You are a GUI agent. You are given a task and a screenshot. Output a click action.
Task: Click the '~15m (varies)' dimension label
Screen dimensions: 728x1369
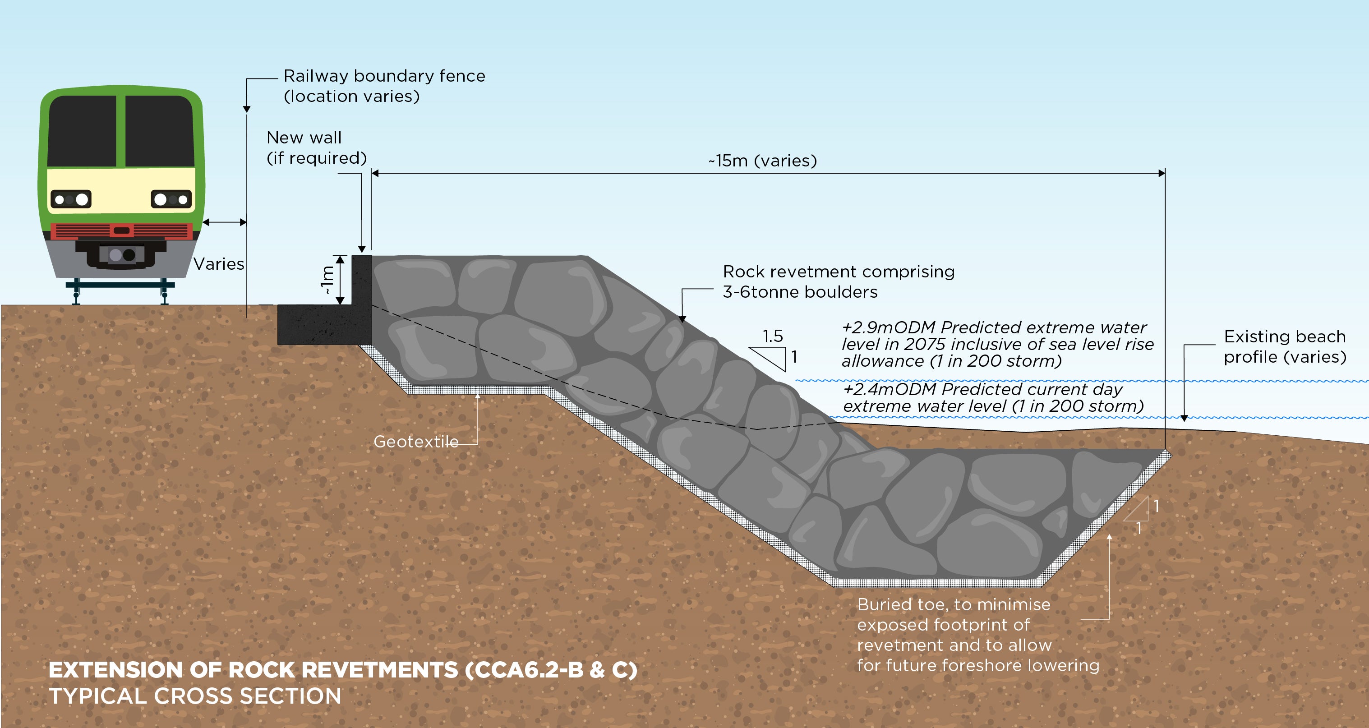pyautogui.click(x=763, y=161)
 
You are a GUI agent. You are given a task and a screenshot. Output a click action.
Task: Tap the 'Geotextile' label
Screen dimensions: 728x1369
pyautogui.click(x=415, y=442)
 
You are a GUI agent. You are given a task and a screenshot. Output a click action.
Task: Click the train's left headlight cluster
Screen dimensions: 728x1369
pyautogui.click(x=71, y=199)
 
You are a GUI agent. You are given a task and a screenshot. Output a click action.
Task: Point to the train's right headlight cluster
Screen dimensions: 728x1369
pyautogui.click(x=171, y=199)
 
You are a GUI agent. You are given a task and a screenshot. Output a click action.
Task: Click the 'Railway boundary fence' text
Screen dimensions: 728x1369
pyautogui.click(x=384, y=76)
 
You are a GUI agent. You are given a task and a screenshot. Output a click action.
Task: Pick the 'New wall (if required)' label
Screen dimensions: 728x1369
pyautogui.click(x=316, y=148)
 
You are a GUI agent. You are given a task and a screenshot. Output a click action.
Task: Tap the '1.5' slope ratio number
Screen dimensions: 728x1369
pyautogui.click(x=772, y=336)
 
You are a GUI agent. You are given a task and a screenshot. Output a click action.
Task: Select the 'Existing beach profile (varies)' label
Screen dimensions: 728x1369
pyautogui.click(x=1285, y=346)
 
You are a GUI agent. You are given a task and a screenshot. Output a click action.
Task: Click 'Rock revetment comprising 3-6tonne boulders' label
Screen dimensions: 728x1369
pyautogui.click(x=838, y=281)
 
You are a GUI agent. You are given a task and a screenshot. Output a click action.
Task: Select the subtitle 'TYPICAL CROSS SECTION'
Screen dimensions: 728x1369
pyautogui.click(x=195, y=696)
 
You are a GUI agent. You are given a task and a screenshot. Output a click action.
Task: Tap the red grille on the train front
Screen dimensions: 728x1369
pyautogui.click(x=122, y=230)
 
